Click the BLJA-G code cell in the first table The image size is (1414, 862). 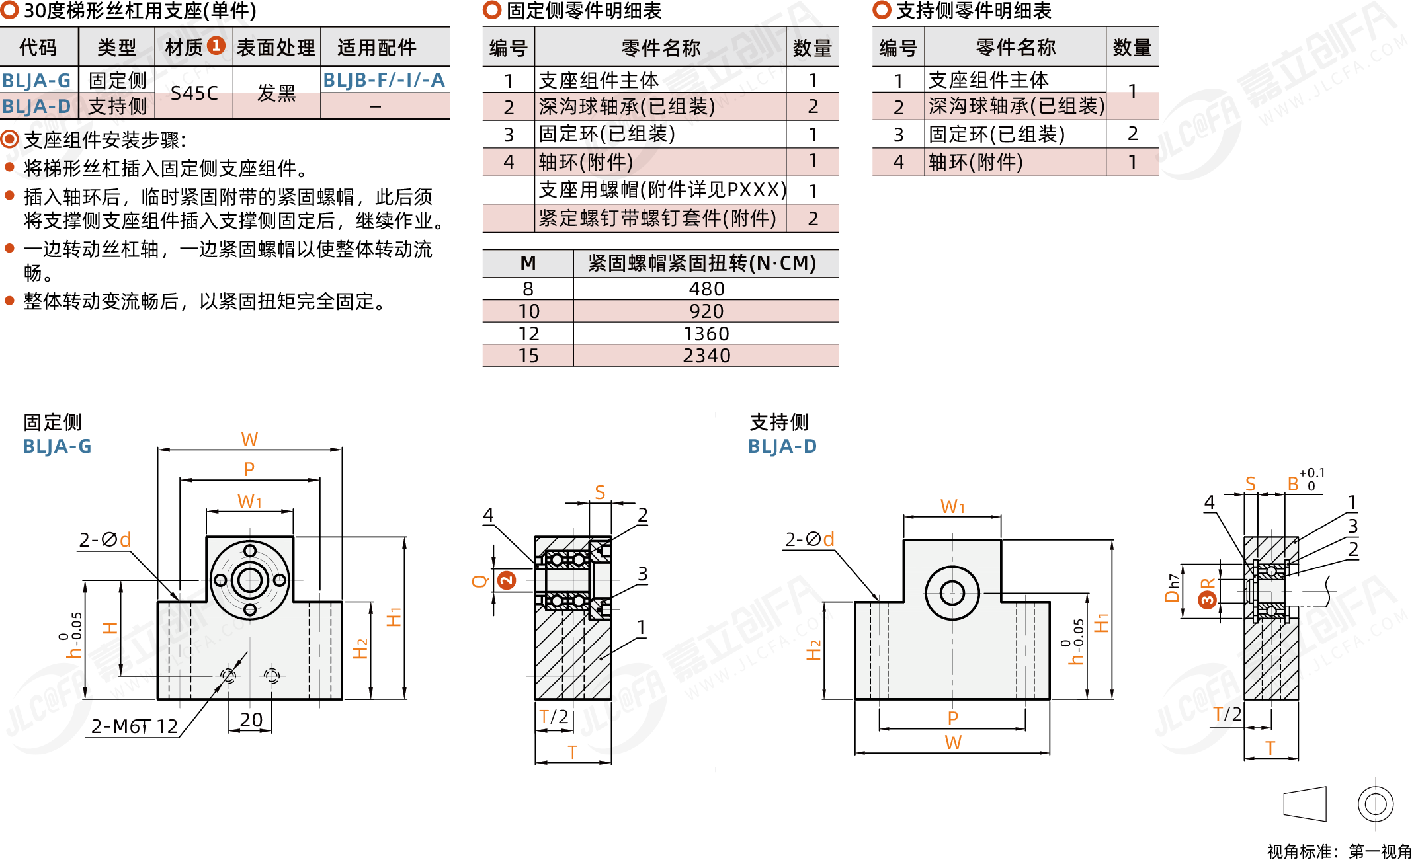tap(37, 81)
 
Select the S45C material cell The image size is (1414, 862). tap(194, 93)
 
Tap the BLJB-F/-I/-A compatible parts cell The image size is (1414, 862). tap(384, 80)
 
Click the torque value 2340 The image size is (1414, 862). tap(706, 356)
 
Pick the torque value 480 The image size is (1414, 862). tap(706, 289)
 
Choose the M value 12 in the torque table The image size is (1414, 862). tap(528, 334)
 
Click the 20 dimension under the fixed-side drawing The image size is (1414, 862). tap(251, 719)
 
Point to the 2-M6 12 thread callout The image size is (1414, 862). tap(134, 726)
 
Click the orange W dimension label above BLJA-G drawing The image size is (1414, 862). tap(249, 439)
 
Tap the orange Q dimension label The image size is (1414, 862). tap(479, 581)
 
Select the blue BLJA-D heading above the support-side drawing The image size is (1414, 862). tap(782, 446)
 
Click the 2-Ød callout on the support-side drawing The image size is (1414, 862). tap(810, 539)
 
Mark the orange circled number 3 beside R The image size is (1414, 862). tap(1207, 600)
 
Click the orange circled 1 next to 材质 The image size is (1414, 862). tap(216, 46)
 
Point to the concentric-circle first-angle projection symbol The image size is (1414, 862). tap(1376, 804)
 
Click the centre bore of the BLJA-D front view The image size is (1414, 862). tap(952, 592)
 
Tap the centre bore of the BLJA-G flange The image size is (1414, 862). tap(250, 580)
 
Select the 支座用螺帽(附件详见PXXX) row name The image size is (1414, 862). tap(661, 190)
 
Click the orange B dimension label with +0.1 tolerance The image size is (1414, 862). tap(1293, 484)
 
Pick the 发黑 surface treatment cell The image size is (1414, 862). tap(276, 93)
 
